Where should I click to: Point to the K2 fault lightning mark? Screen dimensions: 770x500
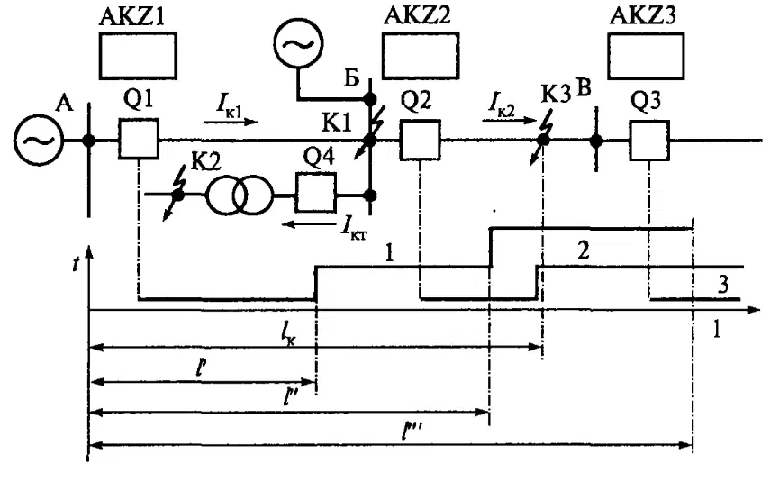(175, 193)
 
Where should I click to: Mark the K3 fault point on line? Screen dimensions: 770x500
(542, 140)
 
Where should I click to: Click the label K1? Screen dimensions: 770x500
(337, 123)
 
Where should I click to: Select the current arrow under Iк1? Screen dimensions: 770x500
(231, 121)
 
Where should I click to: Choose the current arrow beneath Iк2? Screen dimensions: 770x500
(509, 119)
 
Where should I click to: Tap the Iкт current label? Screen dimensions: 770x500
(354, 229)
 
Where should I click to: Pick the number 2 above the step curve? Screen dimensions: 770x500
(584, 250)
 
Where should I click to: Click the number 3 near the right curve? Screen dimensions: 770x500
(723, 285)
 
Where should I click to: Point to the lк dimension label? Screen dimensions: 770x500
(289, 335)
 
